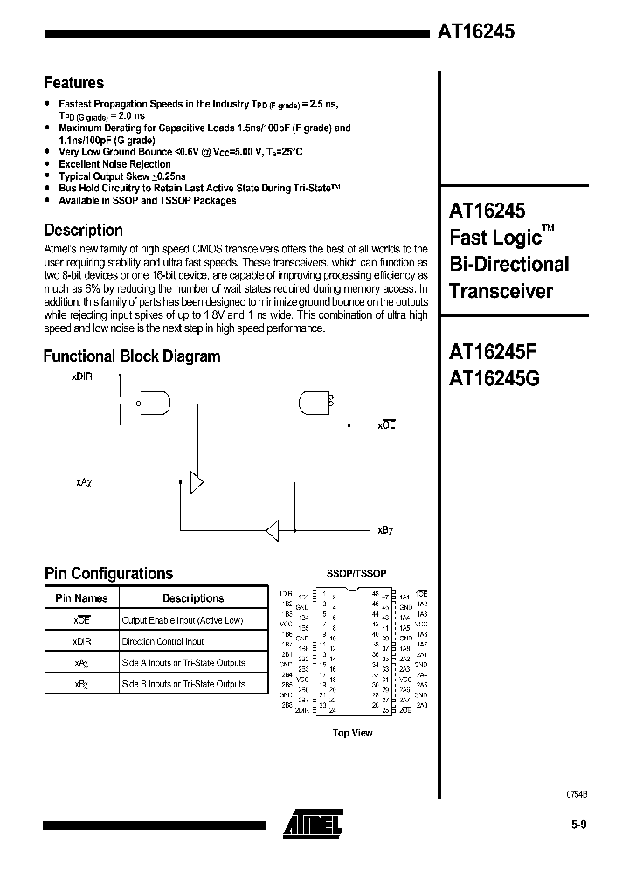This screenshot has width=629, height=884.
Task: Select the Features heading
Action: tap(74, 83)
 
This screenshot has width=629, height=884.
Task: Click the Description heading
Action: tap(84, 231)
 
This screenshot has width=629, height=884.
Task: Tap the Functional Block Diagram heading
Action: tap(132, 356)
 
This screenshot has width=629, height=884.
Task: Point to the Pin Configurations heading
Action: tap(108, 574)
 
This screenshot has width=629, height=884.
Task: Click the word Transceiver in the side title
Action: tap(501, 291)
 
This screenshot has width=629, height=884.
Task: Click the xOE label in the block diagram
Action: tap(387, 425)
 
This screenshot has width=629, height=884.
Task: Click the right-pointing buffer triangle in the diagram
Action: tap(197, 481)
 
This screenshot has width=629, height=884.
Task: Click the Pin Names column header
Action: tap(81, 598)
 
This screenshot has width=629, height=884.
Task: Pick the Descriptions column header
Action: tap(193, 598)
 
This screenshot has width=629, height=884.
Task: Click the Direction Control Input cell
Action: tap(163, 641)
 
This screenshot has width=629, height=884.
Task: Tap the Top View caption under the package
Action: tap(352, 733)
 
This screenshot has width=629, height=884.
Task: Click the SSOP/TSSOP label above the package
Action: tap(356, 573)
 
